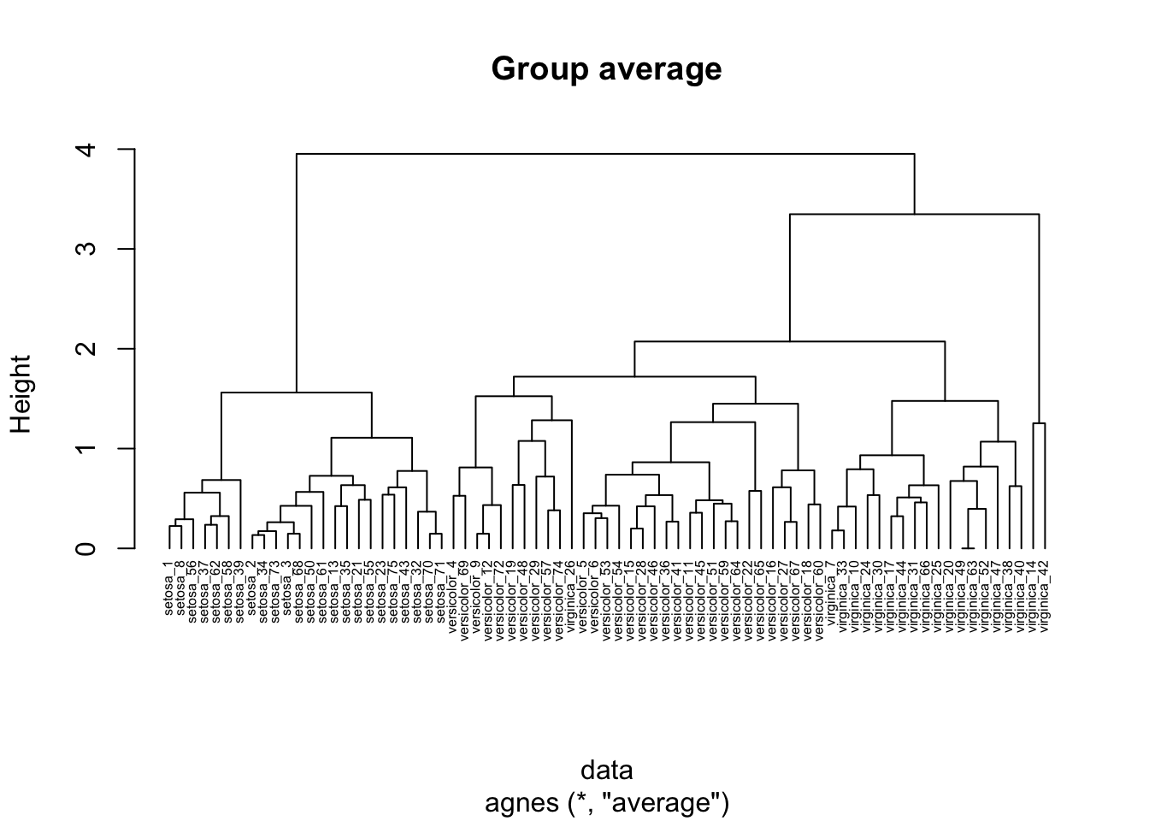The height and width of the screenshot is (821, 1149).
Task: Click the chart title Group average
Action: pyautogui.click(x=606, y=68)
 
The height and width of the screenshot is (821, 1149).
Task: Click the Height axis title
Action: pyautogui.click(x=21, y=394)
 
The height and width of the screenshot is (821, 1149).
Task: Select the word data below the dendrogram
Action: pyautogui.click(x=606, y=770)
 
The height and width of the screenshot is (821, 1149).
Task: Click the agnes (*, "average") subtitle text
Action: pyautogui.click(x=606, y=803)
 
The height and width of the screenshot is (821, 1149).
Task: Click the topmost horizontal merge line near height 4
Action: pyautogui.click(x=605, y=154)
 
